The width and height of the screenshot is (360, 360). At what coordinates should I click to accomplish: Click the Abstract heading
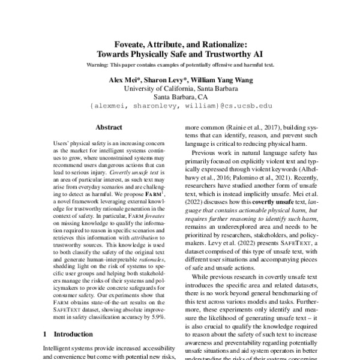(x=109, y=127)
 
